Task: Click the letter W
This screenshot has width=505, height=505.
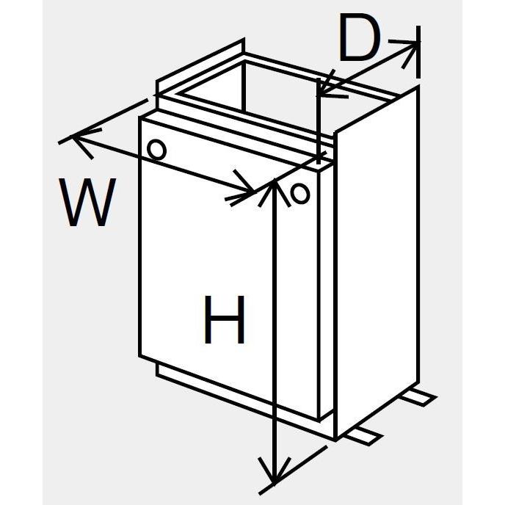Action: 88,203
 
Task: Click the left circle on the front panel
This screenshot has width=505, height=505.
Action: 156,149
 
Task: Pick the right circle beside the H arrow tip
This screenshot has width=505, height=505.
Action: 299,194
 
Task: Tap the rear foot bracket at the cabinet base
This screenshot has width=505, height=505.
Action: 420,397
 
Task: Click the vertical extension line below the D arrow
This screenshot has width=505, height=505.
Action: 319,125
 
